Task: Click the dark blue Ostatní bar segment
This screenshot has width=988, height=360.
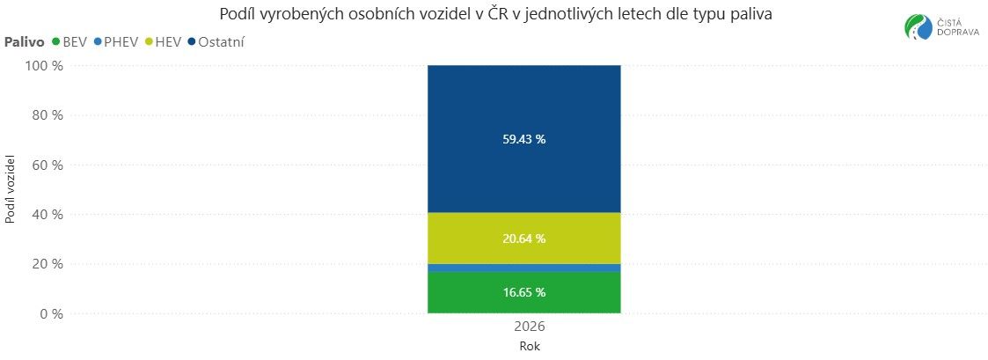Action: [x=523, y=106]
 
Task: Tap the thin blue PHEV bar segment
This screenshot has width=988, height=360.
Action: [x=523, y=268]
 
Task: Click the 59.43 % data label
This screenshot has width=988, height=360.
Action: [x=523, y=139]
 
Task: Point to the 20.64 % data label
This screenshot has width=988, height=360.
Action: [x=523, y=239]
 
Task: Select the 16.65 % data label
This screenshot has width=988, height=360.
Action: [x=523, y=292]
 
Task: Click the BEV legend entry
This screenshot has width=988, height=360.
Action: [x=70, y=41]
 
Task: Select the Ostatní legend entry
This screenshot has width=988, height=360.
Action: [x=216, y=41]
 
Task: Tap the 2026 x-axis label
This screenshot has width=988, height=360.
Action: [x=530, y=327]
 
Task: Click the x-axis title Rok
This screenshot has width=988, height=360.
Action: [x=530, y=346]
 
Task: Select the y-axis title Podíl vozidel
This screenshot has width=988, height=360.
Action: [x=11, y=188]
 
